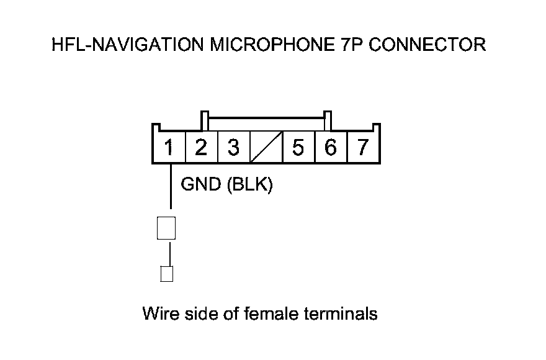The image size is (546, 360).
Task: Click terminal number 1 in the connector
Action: tap(168, 148)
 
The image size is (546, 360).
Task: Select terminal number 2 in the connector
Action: tap(200, 148)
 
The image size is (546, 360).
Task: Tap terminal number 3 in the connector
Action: tap(233, 148)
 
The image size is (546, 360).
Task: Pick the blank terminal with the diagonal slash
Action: tap(266, 148)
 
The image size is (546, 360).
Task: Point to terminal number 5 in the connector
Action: tap(298, 148)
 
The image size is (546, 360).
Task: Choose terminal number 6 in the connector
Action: tap(331, 148)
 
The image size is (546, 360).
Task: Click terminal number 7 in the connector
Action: tap(363, 148)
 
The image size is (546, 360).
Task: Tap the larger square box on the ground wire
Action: tap(166, 228)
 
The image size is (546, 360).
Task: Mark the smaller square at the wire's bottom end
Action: tap(166, 274)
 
